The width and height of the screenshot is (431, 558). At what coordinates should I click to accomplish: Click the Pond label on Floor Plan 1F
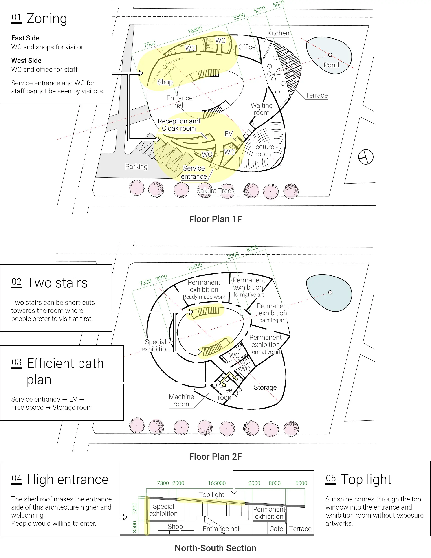pyautogui.click(x=331, y=65)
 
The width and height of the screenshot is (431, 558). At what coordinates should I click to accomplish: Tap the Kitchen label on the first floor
pyautogui.click(x=278, y=33)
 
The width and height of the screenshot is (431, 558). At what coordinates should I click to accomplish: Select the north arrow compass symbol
pyautogui.click(x=366, y=157)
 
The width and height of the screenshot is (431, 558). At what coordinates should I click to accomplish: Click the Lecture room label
pyautogui.click(x=263, y=150)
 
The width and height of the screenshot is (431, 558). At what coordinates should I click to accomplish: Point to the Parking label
pyautogui.click(x=136, y=167)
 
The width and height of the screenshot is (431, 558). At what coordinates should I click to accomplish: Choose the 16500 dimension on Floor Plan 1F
pyautogui.click(x=195, y=30)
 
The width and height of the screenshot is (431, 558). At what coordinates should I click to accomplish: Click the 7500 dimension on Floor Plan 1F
pyautogui.click(x=150, y=44)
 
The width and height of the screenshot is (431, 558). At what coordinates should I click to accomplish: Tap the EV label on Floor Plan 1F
pyautogui.click(x=229, y=134)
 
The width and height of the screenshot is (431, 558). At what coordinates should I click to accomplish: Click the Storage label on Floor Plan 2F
pyautogui.click(x=265, y=388)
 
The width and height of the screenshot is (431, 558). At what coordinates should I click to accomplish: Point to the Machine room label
pyautogui.click(x=181, y=400)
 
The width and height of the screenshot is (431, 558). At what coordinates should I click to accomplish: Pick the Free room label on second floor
pyautogui.click(x=226, y=394)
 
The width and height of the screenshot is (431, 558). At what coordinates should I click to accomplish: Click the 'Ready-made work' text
pyautogui.click(x=204, y=297)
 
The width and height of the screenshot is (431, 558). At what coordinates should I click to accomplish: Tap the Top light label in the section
pyautogui.click(x=211, y=495)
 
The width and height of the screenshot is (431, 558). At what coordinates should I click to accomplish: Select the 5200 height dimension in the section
pyautogui.click(x=135, y=508)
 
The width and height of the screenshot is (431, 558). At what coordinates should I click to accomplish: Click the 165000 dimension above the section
pyautogui.click(x=217, y=483)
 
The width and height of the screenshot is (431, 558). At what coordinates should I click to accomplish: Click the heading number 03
pyautogui.click(x=17, y=362)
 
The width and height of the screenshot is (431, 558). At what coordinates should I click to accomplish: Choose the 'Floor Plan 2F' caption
pyautogui.click(x=215, y=457)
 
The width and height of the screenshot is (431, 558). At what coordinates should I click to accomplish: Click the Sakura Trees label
pyautogui.click(x=215, y=191)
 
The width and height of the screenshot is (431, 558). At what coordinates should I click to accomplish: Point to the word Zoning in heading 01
pyautogui.click(x=47, y=18)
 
